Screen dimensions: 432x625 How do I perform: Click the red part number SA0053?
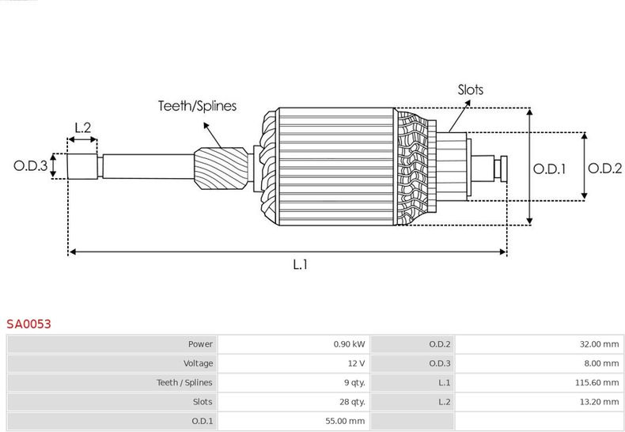tap(29, 324)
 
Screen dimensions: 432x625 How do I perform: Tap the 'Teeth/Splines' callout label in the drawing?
tap(197, 106)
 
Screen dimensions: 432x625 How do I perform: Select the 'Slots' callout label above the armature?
tap(470, 90)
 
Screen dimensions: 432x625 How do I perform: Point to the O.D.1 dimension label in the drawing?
tap(549, 169)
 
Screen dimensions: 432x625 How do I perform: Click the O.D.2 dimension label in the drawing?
tap(605, 169)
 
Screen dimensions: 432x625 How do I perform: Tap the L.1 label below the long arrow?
tap(300, 265)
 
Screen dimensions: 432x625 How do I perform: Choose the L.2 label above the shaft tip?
tap(83, 127)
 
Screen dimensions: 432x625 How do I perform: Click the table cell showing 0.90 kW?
tap(349, 344)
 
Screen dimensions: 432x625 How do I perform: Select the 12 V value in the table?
tap(356, 363)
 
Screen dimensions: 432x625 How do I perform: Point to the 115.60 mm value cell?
tap(599, 382)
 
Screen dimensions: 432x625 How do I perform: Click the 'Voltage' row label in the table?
tap(197, 363)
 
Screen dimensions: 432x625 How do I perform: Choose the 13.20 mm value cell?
tap(601, 402)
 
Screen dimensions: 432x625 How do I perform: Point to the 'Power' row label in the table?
tap(200, 344)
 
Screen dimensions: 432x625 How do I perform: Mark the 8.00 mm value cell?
tap(604, 363)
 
